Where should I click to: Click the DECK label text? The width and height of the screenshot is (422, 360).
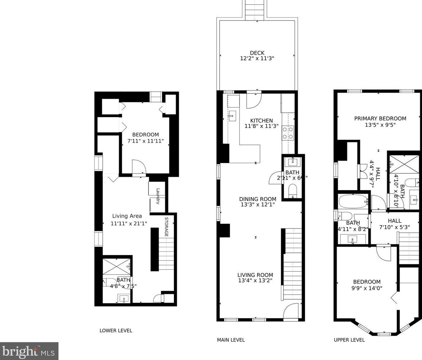coord(257,53)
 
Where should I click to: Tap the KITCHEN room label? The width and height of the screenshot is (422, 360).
coord(261,120)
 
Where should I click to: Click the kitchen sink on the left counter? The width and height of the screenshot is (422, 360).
coord(232,115)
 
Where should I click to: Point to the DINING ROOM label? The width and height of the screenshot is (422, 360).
coord(258,199)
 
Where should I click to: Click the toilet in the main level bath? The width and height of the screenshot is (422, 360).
coord(293,191)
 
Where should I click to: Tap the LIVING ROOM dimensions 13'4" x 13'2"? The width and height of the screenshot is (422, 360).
coord(255,281)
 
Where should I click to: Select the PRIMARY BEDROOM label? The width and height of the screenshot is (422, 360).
coord(380,119)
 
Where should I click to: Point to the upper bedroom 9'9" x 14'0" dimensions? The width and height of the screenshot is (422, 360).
coord(367,288)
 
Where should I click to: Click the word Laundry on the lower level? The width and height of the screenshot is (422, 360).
coord(158,196)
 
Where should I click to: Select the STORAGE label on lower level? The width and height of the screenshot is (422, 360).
coord(167,227)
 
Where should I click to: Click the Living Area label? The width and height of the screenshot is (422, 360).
coord(127,216)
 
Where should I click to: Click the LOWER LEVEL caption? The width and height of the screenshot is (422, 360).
coord(116,331)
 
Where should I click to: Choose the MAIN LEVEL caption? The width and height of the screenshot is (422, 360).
coord(231,340)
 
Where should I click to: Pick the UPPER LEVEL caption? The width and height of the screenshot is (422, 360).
coord(349,340)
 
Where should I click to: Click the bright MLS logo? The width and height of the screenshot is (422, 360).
coord(29,351)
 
